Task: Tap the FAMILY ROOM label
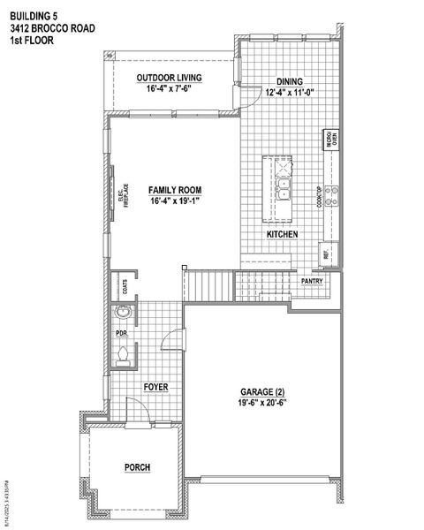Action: (x=175, y=190)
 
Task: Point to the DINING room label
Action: (x=290, y=79)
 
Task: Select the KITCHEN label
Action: (x=282, y=234)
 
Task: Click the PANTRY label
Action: (x=312, y=282)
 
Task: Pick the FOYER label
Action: (x=155, y=388)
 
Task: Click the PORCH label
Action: (x=137, y=467)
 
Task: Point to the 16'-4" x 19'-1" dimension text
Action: (x=175, y=201)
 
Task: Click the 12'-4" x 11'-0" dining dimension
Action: (x=290, y=91)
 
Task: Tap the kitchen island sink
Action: (x=284, y=188)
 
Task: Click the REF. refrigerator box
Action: (x=327, y=254)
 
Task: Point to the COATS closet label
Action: (x=125, y=284)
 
